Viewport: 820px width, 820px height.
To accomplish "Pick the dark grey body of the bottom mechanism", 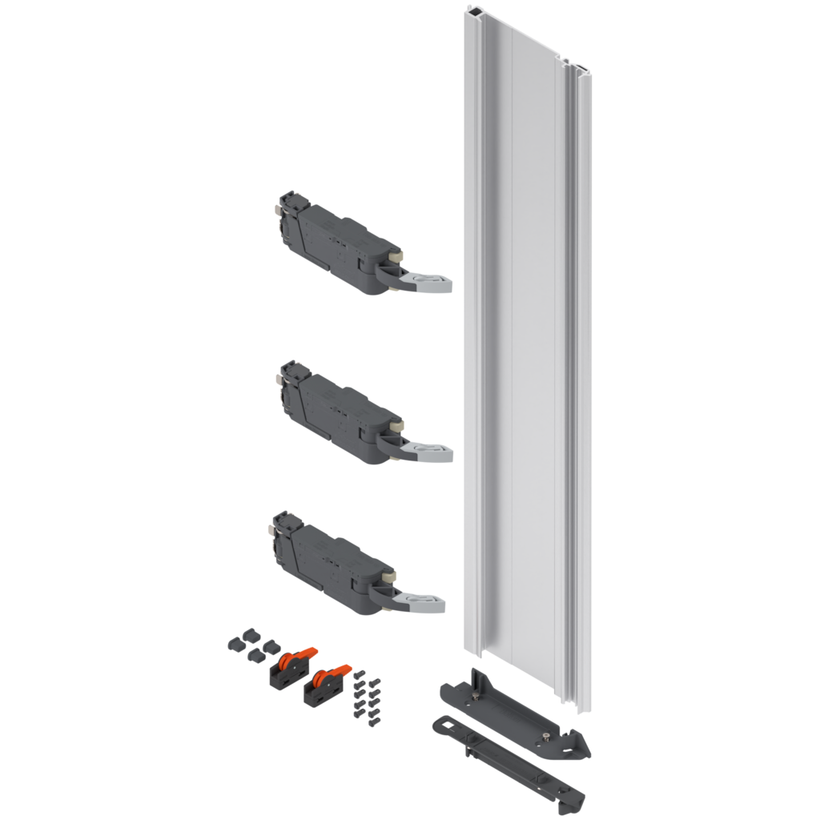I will [x=332, y=557].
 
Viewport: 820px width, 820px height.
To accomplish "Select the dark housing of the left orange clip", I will [x=282, y=675].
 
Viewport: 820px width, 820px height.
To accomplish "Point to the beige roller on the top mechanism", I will [x=396, y=256].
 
